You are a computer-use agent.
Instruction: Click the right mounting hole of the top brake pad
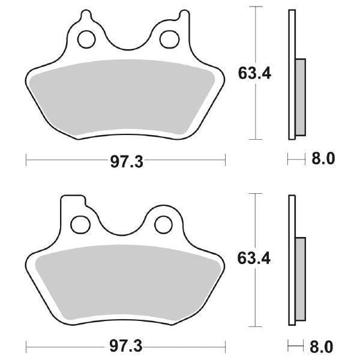click(x=167, y=40)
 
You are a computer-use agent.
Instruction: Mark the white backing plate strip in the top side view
click(x=292, y=36)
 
